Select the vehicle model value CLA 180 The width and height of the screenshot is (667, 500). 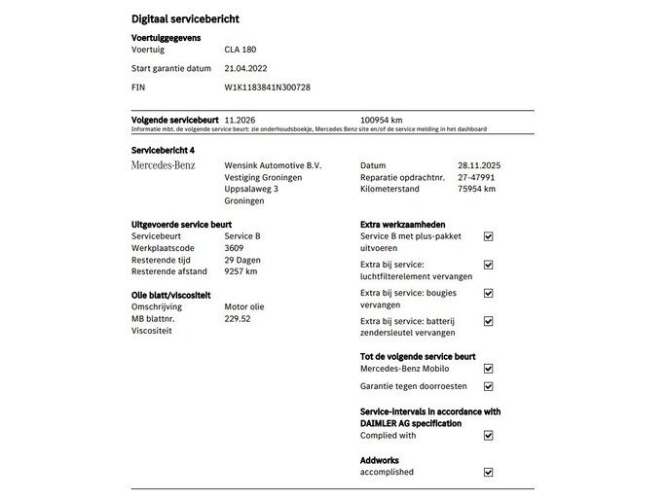(x=241, y=49)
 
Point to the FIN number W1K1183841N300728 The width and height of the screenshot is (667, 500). (x=267, y=87)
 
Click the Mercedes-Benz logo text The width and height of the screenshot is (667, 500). (x=163, y=165)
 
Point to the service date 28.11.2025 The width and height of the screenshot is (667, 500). (x=478, y=165)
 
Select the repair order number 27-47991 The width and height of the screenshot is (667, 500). (x=475, y=177)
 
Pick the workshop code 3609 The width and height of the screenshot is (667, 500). (x=234, y=248)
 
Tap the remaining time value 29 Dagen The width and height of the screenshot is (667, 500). (x=242, y=260)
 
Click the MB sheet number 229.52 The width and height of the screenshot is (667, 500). (x=237, y=318)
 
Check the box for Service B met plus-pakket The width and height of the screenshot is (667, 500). (x=489, y=236)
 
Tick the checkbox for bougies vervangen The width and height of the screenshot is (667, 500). (x=489, y=293)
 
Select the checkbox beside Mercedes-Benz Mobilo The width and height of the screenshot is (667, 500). (x=489, y=369)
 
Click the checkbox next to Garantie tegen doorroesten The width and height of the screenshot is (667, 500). (x=489, y=386)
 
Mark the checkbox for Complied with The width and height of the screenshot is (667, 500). (x=489, y=436)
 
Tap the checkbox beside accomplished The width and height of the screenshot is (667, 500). (x=489, y=472)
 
